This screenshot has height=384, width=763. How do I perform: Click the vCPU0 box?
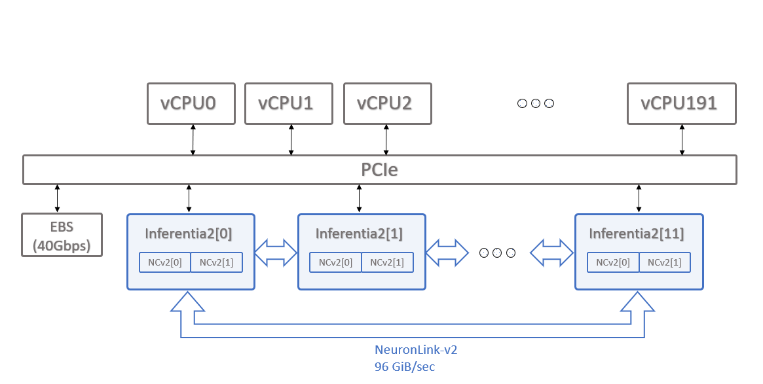point(191,103)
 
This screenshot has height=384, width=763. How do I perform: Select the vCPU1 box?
point(289,103)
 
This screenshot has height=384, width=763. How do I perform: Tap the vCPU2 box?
point(387,103)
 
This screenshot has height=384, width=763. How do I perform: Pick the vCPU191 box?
point(681,103)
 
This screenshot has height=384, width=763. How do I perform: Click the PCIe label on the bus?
point(380,170)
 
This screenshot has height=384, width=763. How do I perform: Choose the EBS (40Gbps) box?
point(62,235)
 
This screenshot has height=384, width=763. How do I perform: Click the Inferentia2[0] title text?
point(189,233)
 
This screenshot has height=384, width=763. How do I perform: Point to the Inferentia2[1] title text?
point(359,233)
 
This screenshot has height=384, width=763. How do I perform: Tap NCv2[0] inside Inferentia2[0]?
point(164,262)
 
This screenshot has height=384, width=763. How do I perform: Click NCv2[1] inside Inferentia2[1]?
point(387,262)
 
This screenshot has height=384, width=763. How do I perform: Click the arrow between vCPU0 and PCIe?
point(193,139)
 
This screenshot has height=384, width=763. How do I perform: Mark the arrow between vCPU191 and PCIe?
point(682,139)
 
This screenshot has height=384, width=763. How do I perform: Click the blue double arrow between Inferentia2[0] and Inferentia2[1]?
point(276,252)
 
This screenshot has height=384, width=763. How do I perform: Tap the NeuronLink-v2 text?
point(415,350)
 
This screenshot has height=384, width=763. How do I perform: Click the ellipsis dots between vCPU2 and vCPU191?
point(535,103)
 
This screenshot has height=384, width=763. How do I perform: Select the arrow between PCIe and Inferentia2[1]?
point(359,199)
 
